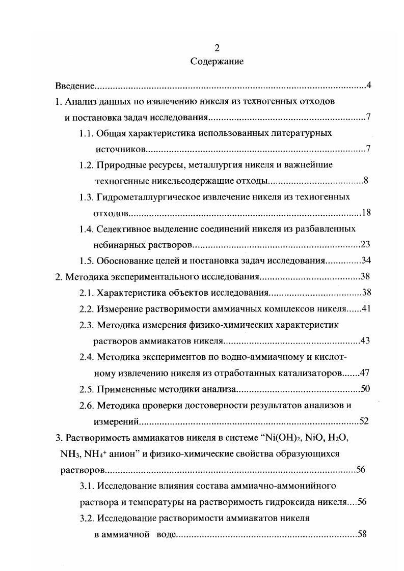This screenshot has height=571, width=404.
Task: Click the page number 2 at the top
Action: [217, 48]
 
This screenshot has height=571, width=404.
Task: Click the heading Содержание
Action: [217, 62]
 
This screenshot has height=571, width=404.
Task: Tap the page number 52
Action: [364, 421]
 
